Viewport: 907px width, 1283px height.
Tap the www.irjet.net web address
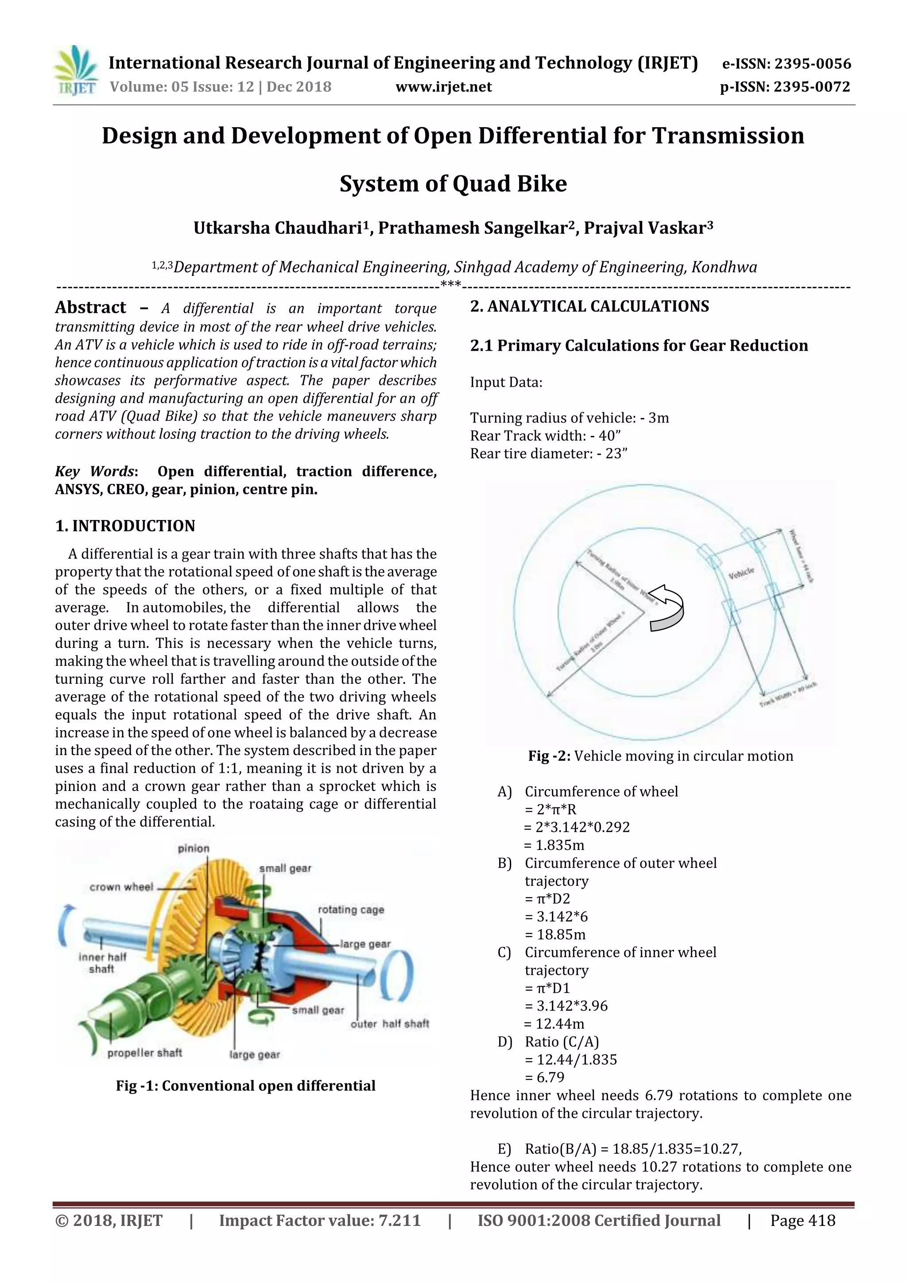pos(444,87)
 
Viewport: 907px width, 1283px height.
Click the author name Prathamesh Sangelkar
pos(478,228)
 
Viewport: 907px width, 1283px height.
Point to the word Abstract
pos(90,307)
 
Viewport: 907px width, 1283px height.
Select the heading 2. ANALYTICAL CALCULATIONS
pos(589,306)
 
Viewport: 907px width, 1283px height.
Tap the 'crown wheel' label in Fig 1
pos(121,887)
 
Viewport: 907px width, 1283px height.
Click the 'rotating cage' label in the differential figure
pos(351,909)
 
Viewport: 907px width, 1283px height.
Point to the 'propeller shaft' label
pos(145,1053)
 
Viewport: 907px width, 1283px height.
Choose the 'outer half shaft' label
pos(390,1024)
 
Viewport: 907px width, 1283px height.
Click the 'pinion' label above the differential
pos(194,848)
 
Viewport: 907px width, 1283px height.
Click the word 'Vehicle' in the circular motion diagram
pos(741,572)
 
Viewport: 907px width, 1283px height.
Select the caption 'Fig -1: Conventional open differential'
pos(245,1086)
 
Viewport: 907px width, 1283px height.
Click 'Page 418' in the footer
pos(802,1221)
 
